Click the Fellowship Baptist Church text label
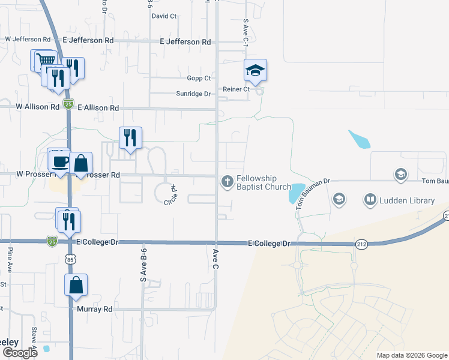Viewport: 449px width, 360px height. coord(264,183)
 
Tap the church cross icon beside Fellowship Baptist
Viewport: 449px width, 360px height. coord(228,181)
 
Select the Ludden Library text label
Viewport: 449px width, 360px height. coord(406,200)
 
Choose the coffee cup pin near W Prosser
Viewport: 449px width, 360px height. coord(59,160)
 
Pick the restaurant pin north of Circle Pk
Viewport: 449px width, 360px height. coord(130,138)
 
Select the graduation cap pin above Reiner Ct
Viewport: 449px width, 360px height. coord(255,70)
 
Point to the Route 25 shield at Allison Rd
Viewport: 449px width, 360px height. coord(68,103)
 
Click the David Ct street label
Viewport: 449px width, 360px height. coord(164,16)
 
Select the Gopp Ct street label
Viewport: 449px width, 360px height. coord(199,78)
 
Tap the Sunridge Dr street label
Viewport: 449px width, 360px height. coord(193,94)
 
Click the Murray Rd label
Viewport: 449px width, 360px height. coord(95,309)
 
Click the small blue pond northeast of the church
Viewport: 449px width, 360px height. coord(359,139)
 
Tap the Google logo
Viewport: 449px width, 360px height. coord(19,353)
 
